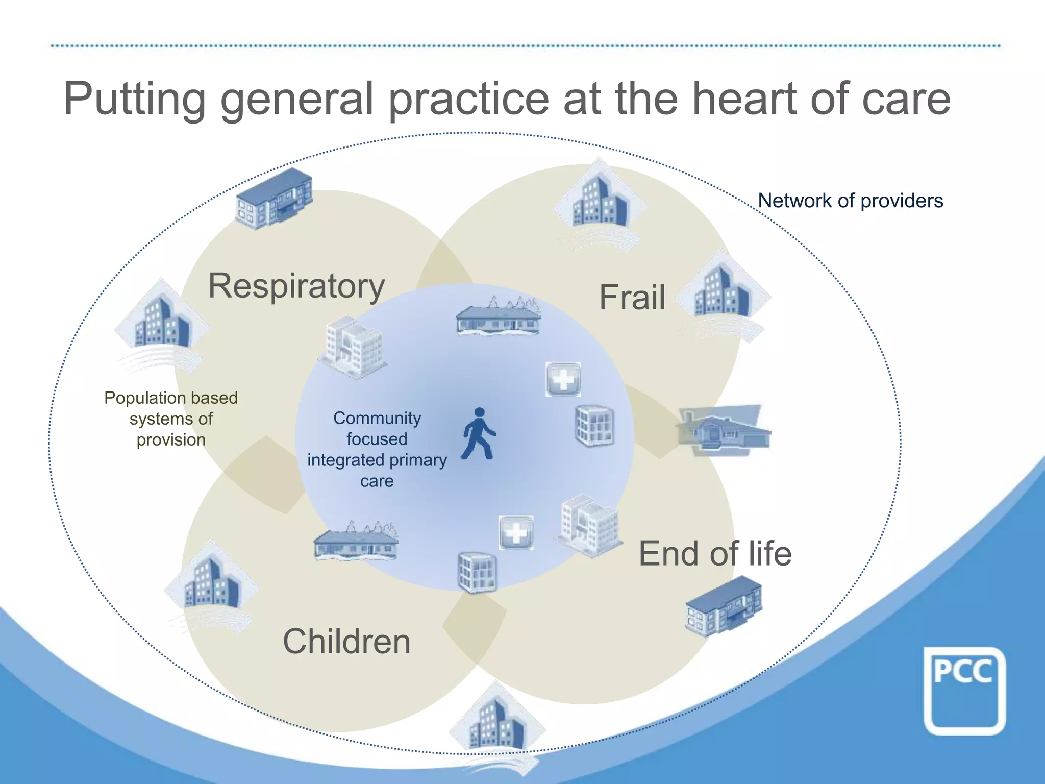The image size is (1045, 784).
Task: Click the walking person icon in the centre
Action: [479, 434]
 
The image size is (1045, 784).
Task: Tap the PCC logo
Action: [964, 690]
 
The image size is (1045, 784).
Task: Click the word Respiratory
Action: [296, 286]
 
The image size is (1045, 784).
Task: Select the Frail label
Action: [632, 298]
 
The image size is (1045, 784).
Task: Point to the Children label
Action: [346, 642]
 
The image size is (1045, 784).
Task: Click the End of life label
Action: [715, 554]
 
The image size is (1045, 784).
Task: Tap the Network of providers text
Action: [850, 201]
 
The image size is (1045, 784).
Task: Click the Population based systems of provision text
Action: [171, 419]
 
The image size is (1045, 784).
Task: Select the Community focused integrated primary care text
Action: [377, 449]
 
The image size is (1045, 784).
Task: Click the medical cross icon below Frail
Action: [563, 379]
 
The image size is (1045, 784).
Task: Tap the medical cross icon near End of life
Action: [516, 532]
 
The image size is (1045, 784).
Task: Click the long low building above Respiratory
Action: [274, 198]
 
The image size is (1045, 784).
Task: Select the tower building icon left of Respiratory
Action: [161, 322]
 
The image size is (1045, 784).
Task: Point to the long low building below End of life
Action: [723, 606]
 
